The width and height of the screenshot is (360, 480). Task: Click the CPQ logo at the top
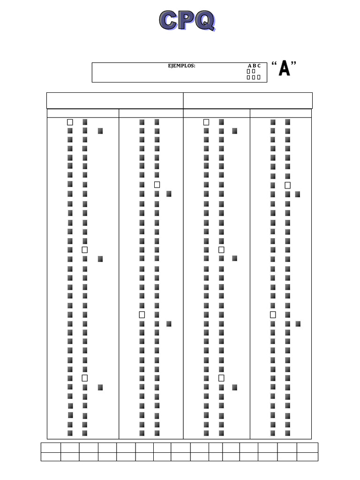[x=187, y=21]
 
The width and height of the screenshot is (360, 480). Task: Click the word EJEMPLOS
[x=182, y=66]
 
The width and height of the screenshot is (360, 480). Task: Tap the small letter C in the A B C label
[x=259, y=66]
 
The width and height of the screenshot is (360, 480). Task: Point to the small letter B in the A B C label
[x=254, y=66]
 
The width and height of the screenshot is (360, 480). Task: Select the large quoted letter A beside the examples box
[x=284, y=69]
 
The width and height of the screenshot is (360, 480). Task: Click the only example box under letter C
[x=259, y=77]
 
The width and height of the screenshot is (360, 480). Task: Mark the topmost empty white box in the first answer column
[x=70, y=122]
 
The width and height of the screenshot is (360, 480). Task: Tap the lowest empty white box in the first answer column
[x=85, y=378]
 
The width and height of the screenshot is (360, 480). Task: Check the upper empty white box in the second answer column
[x=157, y=185]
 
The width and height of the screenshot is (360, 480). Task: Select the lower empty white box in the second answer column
[x=142, y=315]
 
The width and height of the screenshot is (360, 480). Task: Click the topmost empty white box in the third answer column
[x=206, y=122]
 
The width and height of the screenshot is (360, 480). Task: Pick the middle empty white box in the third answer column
[x=221, y=250]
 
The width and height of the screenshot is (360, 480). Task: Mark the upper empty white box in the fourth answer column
[x=288, y=185]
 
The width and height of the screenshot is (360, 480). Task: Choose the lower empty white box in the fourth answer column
[x=273, y=315]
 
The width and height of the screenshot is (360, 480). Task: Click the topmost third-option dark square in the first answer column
[x=100, y=131]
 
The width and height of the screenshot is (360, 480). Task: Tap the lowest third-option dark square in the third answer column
[x=234, y=387]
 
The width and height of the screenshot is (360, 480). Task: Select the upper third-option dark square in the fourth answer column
[x=298, y=195]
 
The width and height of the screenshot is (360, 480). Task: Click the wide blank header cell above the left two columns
[x=115, y=100]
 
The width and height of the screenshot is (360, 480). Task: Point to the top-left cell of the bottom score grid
[x=51, y=447]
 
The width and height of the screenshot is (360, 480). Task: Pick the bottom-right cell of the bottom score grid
[x=307, y=457]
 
